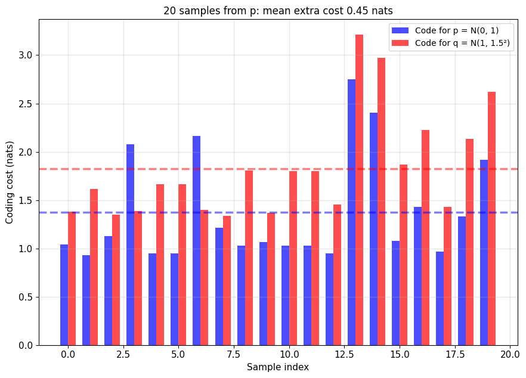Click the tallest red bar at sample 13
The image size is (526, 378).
coord(359,190)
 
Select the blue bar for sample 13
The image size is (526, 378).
coord(351,212)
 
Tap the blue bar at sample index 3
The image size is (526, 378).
coord(130,245)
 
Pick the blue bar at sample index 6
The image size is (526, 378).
coord(196,240)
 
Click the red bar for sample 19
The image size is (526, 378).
coord(491,219)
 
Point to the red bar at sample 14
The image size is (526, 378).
coord(381,202)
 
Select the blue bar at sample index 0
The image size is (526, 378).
coord(64,295)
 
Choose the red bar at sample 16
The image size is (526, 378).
coord(425,238)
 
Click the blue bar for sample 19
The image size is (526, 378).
coord(484,253)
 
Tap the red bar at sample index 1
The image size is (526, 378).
coord(94,267)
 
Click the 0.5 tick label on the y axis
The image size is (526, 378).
coord(26,297)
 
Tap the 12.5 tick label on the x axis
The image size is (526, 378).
coord(344,355)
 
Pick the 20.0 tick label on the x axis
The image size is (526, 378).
coord(510,355)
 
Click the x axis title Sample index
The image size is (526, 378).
coord(278,367)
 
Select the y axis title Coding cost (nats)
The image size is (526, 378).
coord(9,182)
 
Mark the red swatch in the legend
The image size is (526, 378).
coord(400,43)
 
